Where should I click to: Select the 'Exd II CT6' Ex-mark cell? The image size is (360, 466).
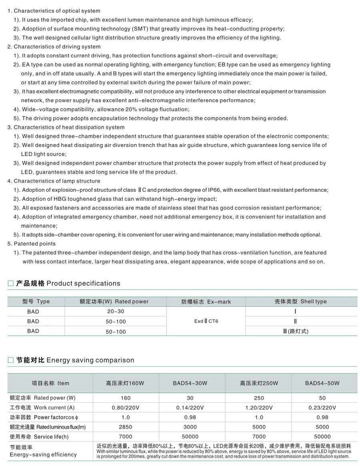click(206, 321)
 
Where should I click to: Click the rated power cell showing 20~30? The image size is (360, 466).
click(116, 312)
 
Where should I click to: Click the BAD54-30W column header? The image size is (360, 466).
click(190, 383)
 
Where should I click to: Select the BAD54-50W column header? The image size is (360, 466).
click(322, 383)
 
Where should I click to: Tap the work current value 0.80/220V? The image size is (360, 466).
click(126, 408)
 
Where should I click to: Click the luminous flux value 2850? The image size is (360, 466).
click(126, 427)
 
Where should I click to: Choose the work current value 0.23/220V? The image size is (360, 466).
click(322, 408)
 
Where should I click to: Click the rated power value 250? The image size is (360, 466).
click(259, 398)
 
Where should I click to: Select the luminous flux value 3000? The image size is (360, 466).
click(190, 427)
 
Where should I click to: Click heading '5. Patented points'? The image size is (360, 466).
click(32, 244)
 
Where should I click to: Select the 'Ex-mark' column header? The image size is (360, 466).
click(206, 302)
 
